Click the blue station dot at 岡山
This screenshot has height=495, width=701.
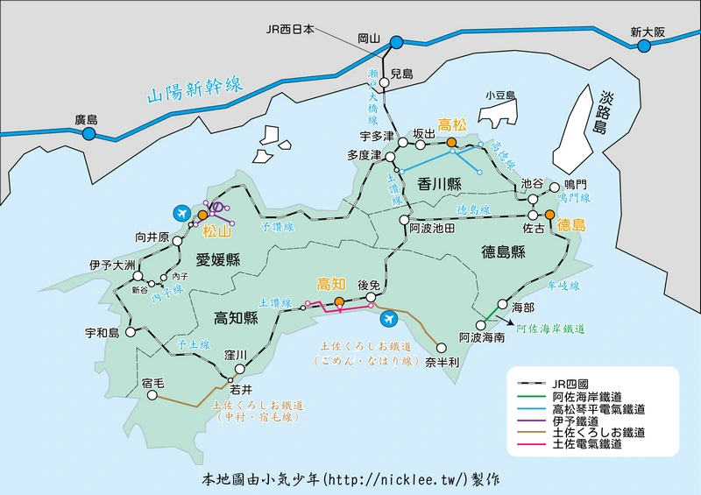396,41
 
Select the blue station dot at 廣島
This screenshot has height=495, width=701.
88,134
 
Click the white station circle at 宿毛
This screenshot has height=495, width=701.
152,396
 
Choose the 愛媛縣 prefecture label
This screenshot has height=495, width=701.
217,258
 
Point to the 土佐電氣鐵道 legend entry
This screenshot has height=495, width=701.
587,444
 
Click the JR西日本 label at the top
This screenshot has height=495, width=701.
290,27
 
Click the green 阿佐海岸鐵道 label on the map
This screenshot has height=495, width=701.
550,329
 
